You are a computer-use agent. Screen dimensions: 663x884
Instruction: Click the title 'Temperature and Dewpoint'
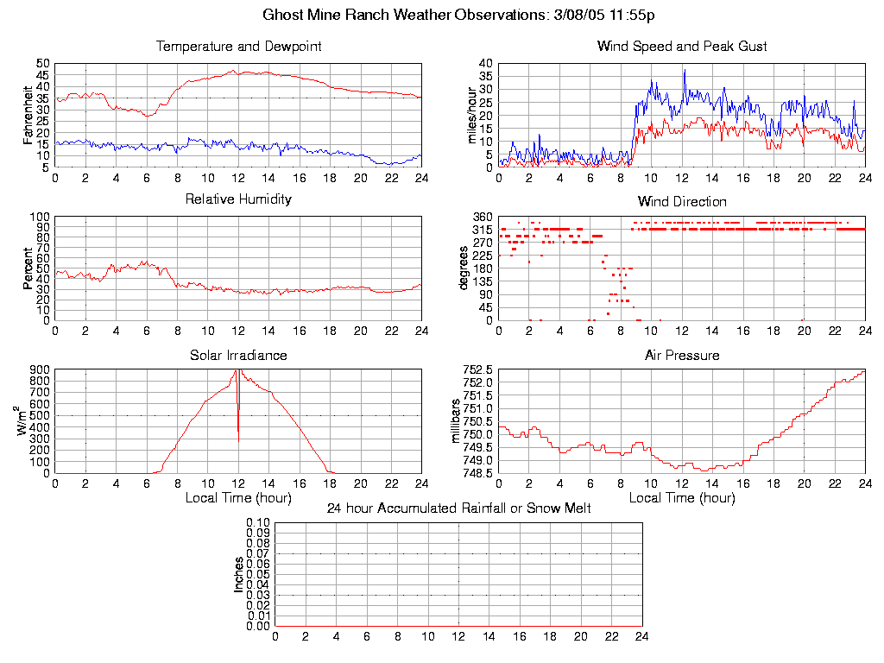(x=238, y=46)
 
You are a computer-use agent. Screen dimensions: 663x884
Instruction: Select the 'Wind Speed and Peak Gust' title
(x=682, y=46)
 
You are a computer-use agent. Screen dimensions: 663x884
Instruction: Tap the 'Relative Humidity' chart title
(x=238, y=199)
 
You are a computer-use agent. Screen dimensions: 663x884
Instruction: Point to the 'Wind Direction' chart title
(x=682, y=201)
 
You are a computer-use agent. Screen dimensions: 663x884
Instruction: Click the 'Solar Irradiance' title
(x=238, y=355)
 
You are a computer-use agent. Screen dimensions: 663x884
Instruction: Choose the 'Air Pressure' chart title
(x=682, y=355)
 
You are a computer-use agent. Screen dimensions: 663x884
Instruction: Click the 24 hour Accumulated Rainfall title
(x=458, y=508)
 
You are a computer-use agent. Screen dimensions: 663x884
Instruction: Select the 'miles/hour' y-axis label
(x=471, y=116)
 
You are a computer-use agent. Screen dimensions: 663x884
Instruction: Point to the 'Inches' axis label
(x=238, y=574)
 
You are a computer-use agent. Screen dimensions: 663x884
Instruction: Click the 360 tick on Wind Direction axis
(x=483, y=217)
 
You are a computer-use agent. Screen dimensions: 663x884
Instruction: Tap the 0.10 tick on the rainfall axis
(x=258, y=523)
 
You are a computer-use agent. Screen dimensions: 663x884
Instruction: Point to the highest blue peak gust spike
(x=685, y=71)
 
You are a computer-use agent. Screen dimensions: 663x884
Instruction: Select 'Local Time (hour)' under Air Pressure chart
(x=682, y=498)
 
